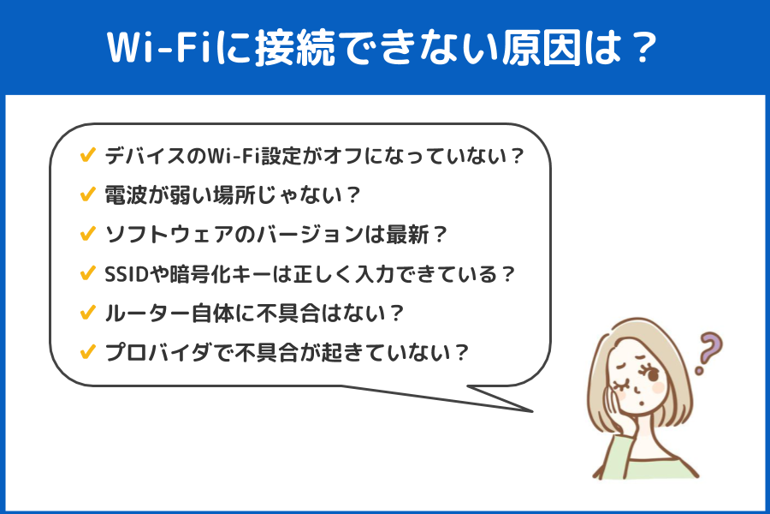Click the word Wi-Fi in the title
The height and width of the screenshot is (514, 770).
[x=160, y=48]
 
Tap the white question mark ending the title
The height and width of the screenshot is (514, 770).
[x=643, y=48]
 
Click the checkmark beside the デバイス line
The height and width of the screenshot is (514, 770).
[x=87, y=155]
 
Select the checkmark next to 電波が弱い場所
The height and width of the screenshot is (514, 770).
[x=87, y=194]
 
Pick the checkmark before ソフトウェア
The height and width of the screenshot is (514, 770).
[x=87, y=234]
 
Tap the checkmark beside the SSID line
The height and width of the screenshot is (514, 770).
[x=87, y=273]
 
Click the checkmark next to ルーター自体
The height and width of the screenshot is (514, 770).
[x=87, y=313]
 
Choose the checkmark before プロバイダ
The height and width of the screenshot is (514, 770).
[x=87, y=352]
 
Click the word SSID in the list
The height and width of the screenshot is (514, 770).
[x=127, y=274]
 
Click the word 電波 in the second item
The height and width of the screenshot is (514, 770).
[x=126, y=195]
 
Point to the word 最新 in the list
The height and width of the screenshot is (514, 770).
[x=407, y=235]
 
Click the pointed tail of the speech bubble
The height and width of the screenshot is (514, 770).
[x=532, y=410]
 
